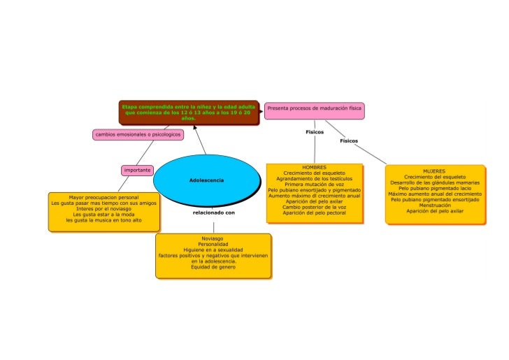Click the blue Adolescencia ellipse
click(206, 180)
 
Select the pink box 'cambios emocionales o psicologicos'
click(138, 134)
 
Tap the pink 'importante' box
click(138, 170)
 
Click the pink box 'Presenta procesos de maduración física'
click(314, 109)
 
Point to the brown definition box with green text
click(189, 112)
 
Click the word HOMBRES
click(314, 168)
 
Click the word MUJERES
click(434, 171)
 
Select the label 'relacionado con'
click(214, 212)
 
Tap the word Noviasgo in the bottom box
click(213, 238)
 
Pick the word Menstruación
click(434, 205)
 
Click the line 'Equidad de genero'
click(213, 267)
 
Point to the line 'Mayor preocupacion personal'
click(103, 197)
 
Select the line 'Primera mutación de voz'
click(314, 185)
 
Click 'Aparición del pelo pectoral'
click(314, 213)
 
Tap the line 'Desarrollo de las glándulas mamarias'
click(434, 182)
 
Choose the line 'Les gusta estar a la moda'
click(103, 214)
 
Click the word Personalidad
click(213, 244)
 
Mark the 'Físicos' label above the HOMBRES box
click(315, 131)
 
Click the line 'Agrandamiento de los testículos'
click(314, 179)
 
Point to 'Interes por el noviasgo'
click(103, 208)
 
